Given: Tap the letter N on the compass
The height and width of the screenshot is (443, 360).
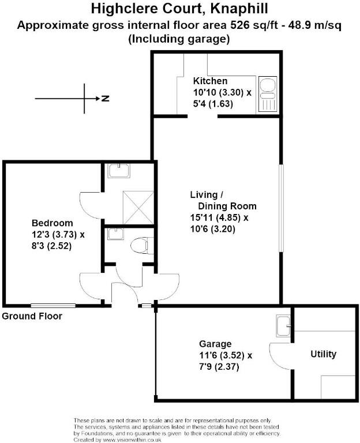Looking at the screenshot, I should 106,99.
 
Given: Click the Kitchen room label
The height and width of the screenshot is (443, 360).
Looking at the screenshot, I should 210,81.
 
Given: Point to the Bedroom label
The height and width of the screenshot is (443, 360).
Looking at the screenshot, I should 52,223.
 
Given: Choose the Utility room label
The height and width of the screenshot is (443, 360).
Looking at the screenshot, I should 323,354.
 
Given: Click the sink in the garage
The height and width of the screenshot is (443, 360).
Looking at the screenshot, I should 284,327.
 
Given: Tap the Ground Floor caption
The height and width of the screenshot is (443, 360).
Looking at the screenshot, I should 32,316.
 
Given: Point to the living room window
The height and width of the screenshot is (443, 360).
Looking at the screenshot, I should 281,209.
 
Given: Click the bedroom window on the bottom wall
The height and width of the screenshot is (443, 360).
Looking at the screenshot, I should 53,305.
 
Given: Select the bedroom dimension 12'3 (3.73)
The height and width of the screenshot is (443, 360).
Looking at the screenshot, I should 58,235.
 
